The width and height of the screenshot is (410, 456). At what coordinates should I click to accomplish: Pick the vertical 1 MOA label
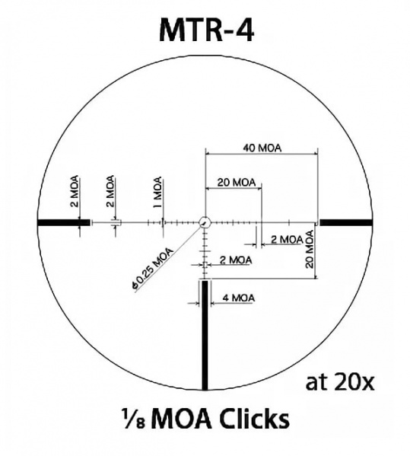(157, 193)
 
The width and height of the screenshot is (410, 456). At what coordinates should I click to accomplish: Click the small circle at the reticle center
(205, 222)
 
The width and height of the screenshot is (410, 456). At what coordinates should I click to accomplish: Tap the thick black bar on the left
(59, 222)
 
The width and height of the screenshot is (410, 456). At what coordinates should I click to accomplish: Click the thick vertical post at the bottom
(205, 335)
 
